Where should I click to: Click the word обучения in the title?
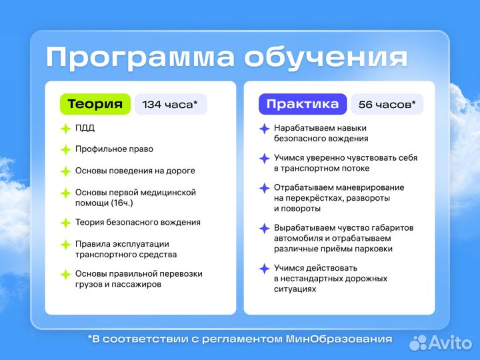pos(325,57)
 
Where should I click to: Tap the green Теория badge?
pos(95,104)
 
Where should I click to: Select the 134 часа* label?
pos(170,104)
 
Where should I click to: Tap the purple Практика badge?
pos(302,104)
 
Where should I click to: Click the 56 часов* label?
pos(387,104)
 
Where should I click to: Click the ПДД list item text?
pos(85,128)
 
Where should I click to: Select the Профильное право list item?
pos(114,149)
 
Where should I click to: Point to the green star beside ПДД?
pos(65,129)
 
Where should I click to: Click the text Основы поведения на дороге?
pos(135,171)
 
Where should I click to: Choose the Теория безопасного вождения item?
pos(138,223)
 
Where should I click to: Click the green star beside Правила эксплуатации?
pos(65,245)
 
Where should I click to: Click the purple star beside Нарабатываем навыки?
pos(264,129)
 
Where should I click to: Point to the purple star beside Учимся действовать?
pos(264,269)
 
